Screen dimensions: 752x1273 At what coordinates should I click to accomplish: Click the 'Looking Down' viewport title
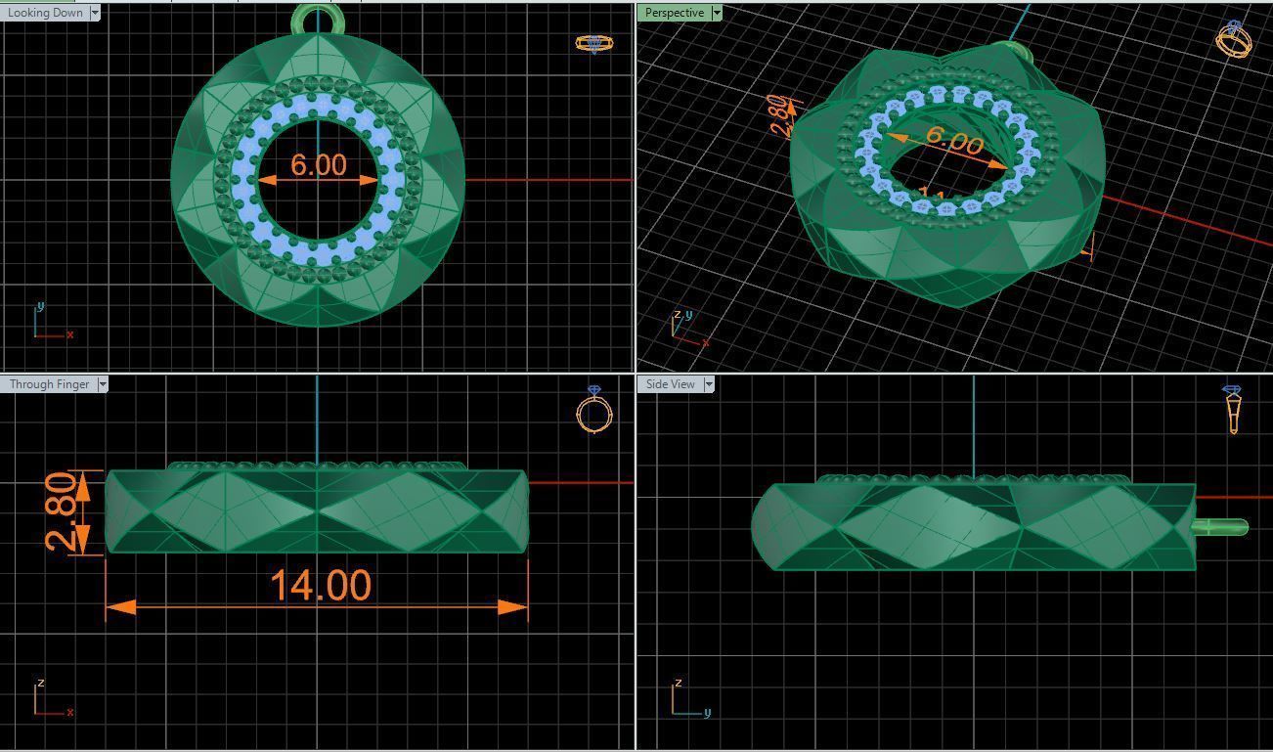pos(44,13)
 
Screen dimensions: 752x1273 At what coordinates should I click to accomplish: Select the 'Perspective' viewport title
pos(674,13)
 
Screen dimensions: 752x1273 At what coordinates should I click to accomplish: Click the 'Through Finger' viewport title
pos(48,384)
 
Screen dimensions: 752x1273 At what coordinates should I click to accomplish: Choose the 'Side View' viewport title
pos(670,384)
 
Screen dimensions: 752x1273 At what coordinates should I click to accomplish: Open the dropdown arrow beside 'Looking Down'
pos(95,13)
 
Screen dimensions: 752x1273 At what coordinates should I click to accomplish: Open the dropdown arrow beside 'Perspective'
pos(717,13)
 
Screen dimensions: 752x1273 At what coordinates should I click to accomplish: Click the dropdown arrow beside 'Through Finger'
pos(103,384)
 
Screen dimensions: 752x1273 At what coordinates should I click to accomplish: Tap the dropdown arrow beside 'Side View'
pos(709,384)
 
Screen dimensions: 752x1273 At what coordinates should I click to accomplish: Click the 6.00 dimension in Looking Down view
pos(318,165)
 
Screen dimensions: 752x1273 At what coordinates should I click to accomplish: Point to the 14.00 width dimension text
pos(320,586)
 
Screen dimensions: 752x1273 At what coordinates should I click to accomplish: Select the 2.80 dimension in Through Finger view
pos(62,512)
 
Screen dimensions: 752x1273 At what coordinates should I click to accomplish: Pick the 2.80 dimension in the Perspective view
pos(778,116)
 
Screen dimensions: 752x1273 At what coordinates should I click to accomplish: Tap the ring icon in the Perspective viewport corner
pos(1234,39)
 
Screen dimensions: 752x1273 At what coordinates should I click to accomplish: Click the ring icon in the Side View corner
pos(1232,408)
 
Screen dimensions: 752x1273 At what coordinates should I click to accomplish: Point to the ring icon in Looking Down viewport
pos(593,43)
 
